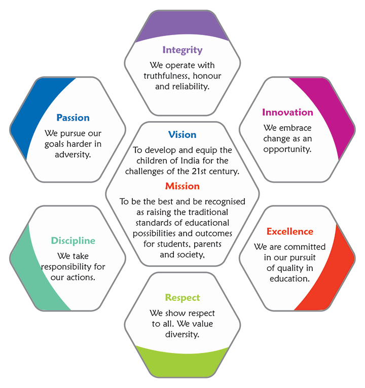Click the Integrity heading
tap(182, 50)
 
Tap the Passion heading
tap(73, 118)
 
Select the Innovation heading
tap(287, 112)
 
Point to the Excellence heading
tap(290, 231)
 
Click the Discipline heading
tap(73, 240)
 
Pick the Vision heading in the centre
tap(182, 134)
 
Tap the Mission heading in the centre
tap(182, 186)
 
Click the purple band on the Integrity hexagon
tap(182, 28)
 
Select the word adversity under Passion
tap(73, 154)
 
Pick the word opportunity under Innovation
tap(287, 149)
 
